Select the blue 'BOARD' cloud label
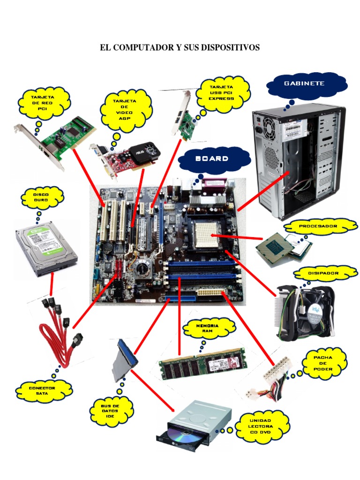click(x=215, y=158)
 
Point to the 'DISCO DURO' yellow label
click(x=41, y=197)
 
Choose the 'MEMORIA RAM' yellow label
click(x=208, y=328)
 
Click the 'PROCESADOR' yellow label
click(x=318, y=226)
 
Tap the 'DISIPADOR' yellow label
click(x=323, y=273)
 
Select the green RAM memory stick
click(x=202, y=363)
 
